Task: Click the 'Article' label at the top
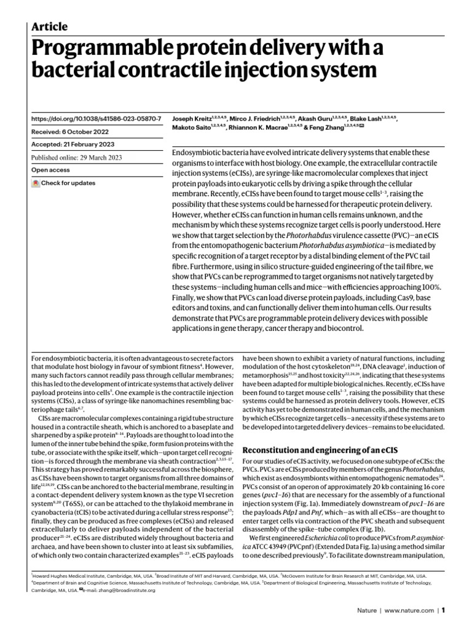tap(49, 26)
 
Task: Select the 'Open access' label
tap(49, 170)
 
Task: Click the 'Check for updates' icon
tap(36, 183)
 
